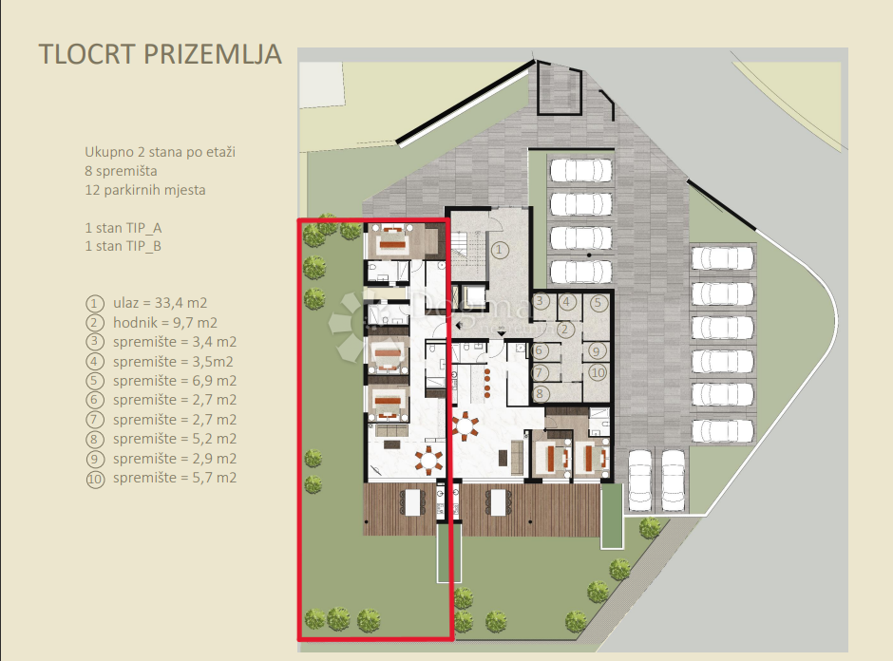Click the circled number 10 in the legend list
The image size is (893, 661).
(x=94, y=478)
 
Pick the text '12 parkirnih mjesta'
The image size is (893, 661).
(x=144, y=190)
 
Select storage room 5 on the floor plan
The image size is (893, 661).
(x=597, y=303)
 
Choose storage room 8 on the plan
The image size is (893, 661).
(x=541, y=392)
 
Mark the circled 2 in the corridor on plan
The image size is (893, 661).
(x=562, y=329)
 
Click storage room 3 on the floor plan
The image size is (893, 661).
(x=541, y=302)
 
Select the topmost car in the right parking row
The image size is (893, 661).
(x=723, y=257)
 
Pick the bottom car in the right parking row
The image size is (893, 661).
(x=723, y=430)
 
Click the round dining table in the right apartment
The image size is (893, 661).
(x=466, y=424)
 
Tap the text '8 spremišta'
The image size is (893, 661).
(x=120, y=171)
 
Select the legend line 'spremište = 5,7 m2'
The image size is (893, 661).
(x=174, y=478)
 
